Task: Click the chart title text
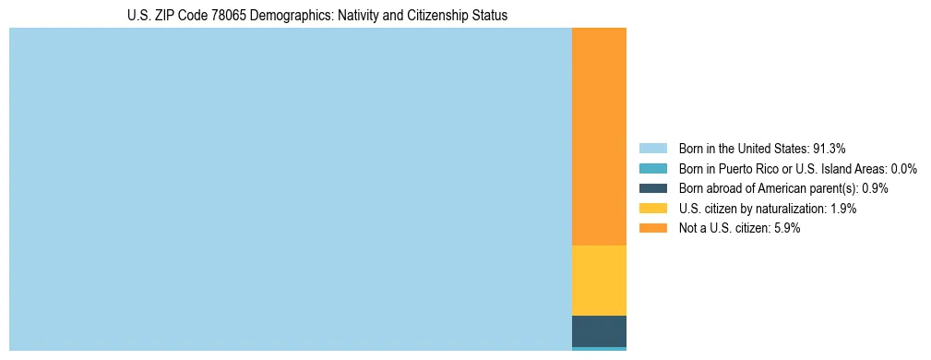click(x=317, y=16)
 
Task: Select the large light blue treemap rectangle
click(x=291, y=189)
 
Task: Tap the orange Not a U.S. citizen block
click(x=599, y=137)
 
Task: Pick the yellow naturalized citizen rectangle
click(x=599, y=281)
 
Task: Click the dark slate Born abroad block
click(x=599, y=331)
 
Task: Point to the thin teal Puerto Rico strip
click(x=599, y=349)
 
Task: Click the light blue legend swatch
click(x=652, y=148)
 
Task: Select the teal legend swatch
click(x=652, y=168)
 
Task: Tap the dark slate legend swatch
click(x=652, y=188)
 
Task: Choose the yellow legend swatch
click(x=652, y=209)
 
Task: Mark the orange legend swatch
click(x=652, y=229)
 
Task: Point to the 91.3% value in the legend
click(x=830, y=148)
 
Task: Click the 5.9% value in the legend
click(x=786, y=229)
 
